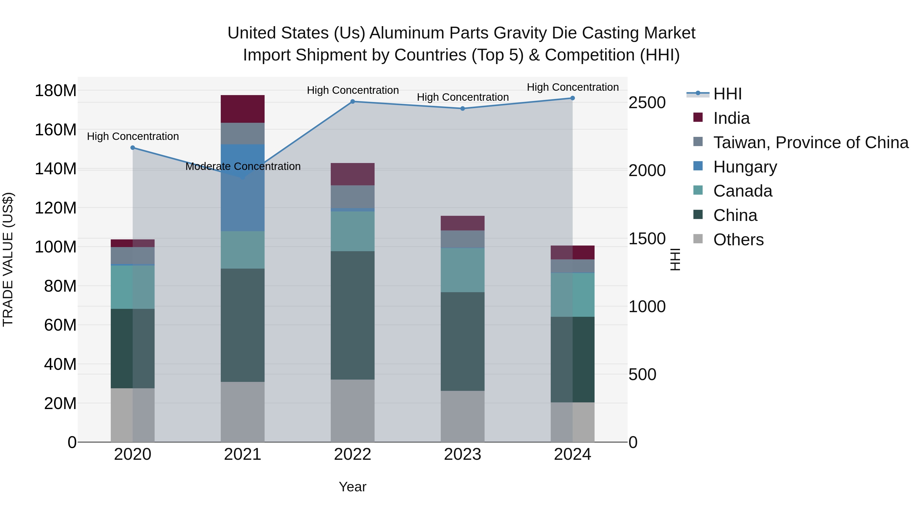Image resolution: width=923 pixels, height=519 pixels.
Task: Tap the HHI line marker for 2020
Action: click(133, 148)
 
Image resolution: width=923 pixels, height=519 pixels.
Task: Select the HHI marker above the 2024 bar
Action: click(572, 98)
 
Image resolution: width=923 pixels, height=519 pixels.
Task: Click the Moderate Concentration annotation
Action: click(243, 167)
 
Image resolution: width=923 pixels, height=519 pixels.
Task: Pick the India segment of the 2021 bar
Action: click(243, 109)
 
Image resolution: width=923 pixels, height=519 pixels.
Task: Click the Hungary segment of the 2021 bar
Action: click(243, 188)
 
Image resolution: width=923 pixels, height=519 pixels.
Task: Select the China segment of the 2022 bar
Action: click(353, 315)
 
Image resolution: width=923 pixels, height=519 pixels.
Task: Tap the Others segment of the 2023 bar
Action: click(462, 416)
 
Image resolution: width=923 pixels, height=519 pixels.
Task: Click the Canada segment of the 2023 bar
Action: click(462, 270)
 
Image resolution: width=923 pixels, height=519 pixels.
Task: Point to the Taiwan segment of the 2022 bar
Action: click(353, 197)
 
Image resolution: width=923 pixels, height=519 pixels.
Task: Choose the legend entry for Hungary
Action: click(745, 167)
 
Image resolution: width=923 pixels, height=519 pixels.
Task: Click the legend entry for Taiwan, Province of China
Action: click(810, 143)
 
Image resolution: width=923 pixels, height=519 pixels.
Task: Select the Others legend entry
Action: click(738, 240)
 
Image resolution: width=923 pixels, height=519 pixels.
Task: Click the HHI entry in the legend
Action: click(727, 94)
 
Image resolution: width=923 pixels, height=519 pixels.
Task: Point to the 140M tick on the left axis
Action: click(56, 169)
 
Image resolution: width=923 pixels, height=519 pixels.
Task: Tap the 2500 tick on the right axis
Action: click(647, 103)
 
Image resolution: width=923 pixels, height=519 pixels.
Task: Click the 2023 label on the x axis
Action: click(462, 454)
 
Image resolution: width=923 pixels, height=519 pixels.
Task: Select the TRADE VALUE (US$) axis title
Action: click(8, 259)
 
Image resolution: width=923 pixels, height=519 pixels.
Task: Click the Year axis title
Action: click(353, 487)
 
